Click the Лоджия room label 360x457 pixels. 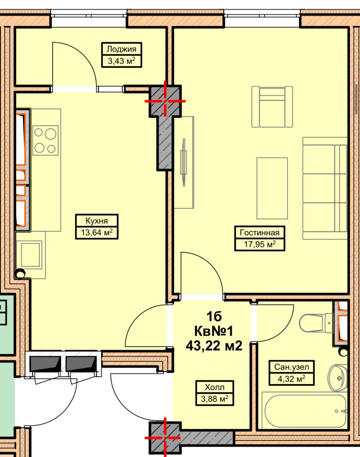(121, 49)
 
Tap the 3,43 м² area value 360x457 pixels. (121, 61)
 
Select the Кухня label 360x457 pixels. (97, 221)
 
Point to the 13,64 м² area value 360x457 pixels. (97, 232)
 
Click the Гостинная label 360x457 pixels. (259, 233)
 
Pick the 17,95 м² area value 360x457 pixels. (260, 245)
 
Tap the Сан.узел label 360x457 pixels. (291, 367)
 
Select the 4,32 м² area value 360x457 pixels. (291, 379)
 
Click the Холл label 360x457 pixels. (214, 387)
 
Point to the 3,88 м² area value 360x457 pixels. (214, 399)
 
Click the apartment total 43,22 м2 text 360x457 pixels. (214, 346)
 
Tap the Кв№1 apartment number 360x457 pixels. (214, 331)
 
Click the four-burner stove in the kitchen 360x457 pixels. (45, 140)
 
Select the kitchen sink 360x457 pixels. (31, 255)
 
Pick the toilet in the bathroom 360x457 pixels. (316, 323)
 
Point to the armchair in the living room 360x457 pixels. (272, 107)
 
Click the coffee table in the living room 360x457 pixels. (272, 189)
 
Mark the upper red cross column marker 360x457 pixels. (165, 101)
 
